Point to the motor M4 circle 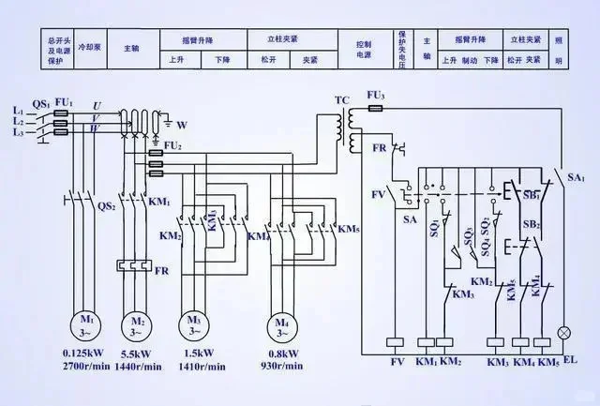[x=282, y=325]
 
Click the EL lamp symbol [x=564, y=333]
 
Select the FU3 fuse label [x=376, y=96]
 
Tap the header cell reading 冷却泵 [x=90, y=44]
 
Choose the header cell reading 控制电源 [x=364, y=49]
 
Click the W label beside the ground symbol [x=182, y=123]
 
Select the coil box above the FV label [x=395, y=343]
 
